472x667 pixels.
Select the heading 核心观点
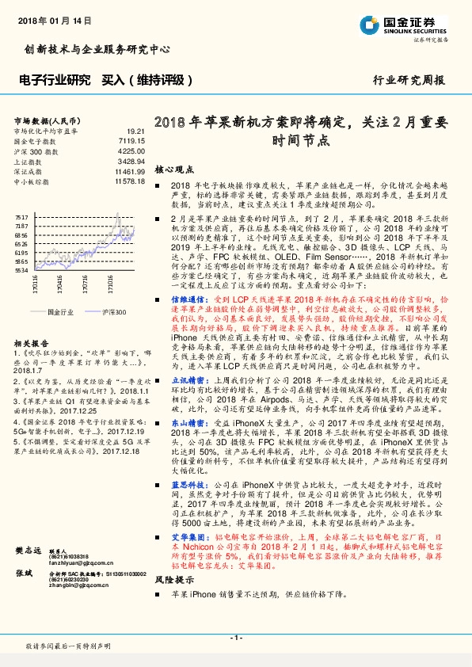(173, 170)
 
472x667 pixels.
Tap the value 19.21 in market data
(136, 131)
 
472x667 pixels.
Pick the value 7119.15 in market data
(131, 140)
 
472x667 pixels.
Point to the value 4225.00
(131, 151)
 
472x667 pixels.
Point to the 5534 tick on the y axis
(21, 270)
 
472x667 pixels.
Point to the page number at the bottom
(235, 637)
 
